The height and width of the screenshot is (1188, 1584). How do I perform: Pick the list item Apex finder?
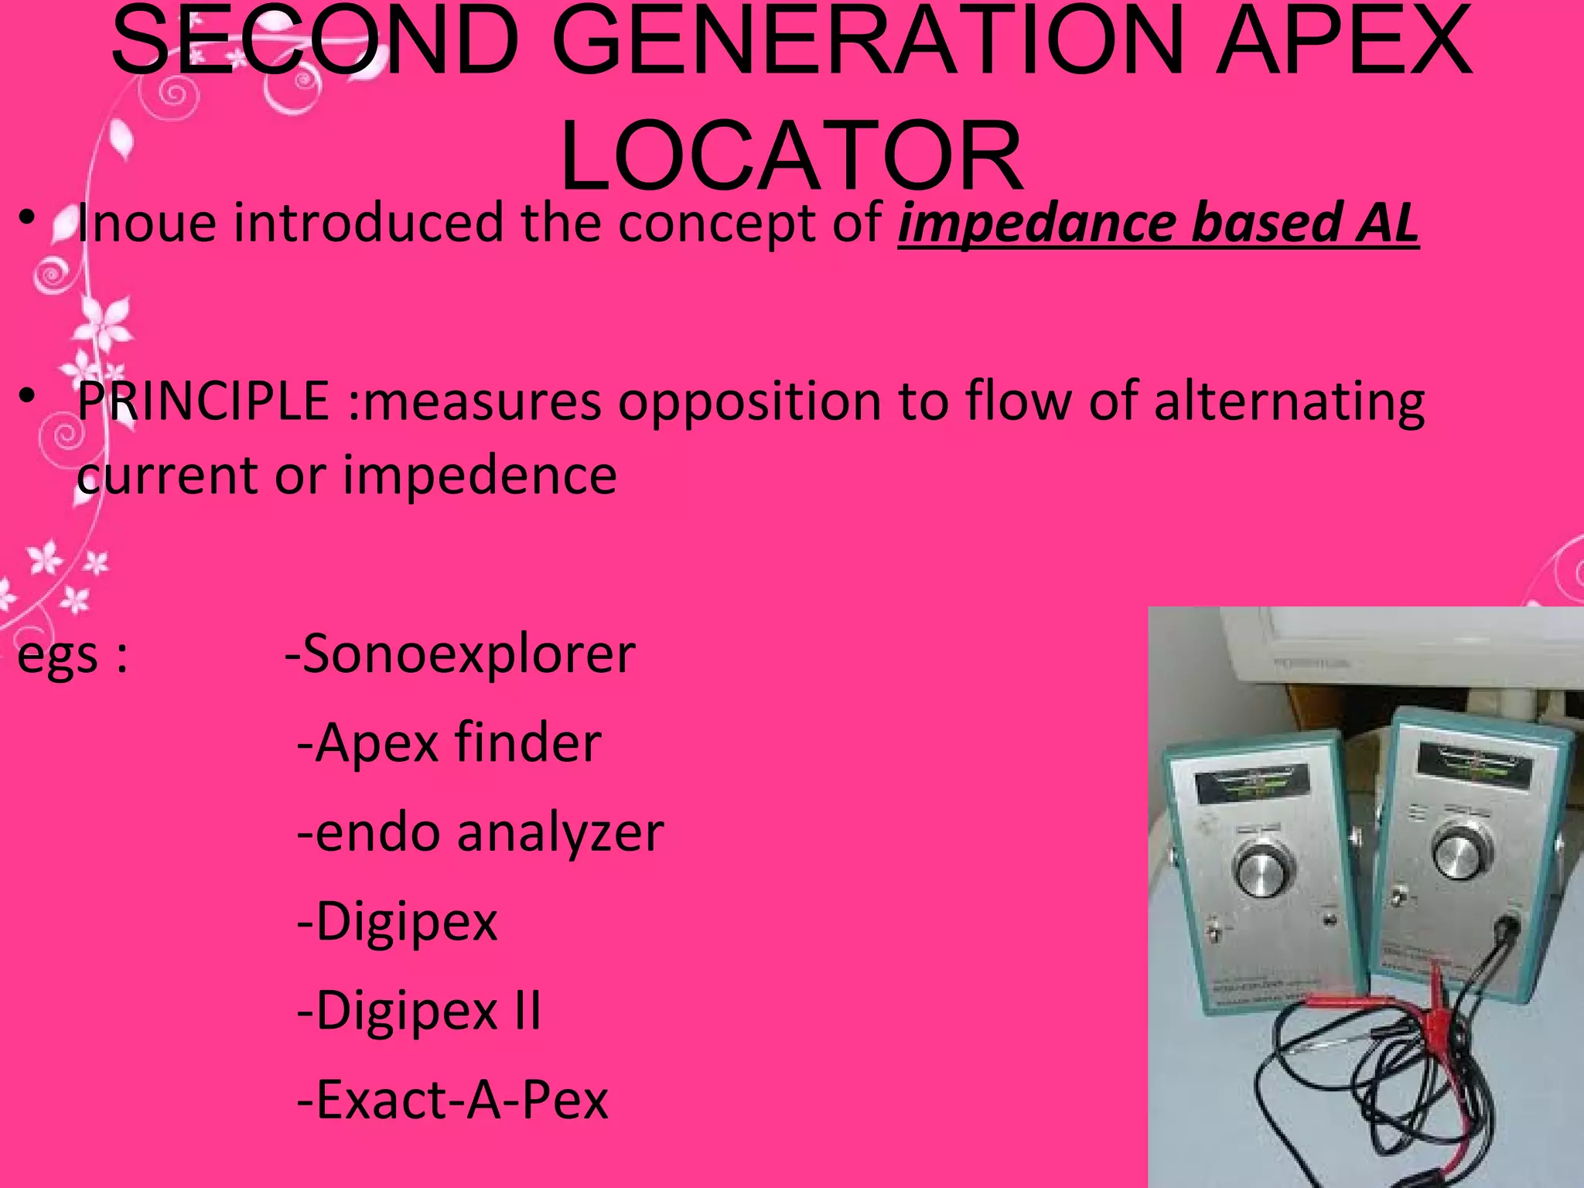(449, 743)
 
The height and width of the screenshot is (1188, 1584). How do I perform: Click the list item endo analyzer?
(480, 833)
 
